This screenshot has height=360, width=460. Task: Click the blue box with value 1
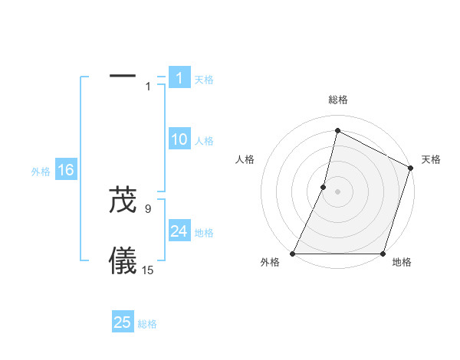pyautogui.click(x=179, y=78)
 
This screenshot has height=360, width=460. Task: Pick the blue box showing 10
pyautogui.click(x=179, y=139)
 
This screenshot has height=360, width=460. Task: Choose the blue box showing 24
pyautogui.click(x=179, y=231)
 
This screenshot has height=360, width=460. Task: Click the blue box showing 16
pyautogui.click(x=66, y=170)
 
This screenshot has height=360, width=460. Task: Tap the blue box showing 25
pyautogui.click(x=123, y=322)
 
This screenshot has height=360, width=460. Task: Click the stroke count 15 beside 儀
pyautogui.click(x=148, y=270)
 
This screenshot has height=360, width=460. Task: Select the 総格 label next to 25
pyautogui.click(x=147, y=324)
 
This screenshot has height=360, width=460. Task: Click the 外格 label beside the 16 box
pyautogui.click(x=41, y=172)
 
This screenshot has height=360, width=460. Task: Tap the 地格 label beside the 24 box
pyautogui.click(x=204, y=233)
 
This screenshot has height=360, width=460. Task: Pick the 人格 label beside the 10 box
pyautogui.click(x=204, y=141)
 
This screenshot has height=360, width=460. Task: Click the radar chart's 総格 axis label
pyautogui.click(x=338, y=100)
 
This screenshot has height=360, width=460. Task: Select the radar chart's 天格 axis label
pyautogui.click(x=431, y=159)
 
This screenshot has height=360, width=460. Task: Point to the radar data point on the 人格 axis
pyautogui.click(x=324, y=187)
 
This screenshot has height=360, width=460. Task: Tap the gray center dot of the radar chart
pyautogui.click(x=338, y=191)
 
